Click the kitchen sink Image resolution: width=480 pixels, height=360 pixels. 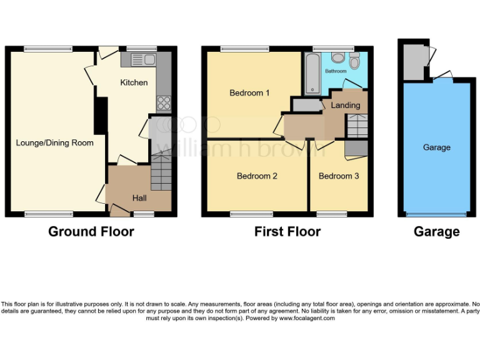tap(143, 60)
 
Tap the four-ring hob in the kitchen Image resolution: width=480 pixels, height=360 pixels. tap(163, 102)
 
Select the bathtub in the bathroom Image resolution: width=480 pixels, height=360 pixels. tap(311, 73)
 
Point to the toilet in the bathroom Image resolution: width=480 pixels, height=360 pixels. tap(338, 58)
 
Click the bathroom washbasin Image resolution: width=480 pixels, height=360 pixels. tap(354, 62)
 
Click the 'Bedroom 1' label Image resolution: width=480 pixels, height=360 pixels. tap(249, 93)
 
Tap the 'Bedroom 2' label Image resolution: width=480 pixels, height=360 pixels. tap(257, 176)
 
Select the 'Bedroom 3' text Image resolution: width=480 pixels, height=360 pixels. tap(339, 176)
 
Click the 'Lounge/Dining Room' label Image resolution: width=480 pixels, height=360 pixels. tap(55, 143)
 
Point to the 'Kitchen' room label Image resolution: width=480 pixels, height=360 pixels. tap(134, 82)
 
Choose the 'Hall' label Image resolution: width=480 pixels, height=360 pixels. tap(139, 198)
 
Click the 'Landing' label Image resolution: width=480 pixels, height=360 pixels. tap(346, 106)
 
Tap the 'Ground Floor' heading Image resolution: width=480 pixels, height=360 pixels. tap(91, 232)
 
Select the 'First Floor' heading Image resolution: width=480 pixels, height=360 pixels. tap(287, 232)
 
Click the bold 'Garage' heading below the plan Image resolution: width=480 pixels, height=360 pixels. tap(436, 232)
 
